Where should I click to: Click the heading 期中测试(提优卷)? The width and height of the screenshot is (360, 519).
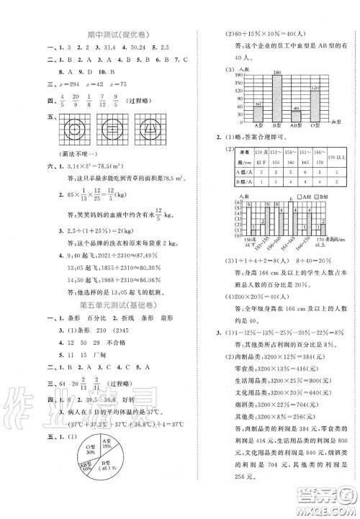pyautogui.click(x=109, y=31)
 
